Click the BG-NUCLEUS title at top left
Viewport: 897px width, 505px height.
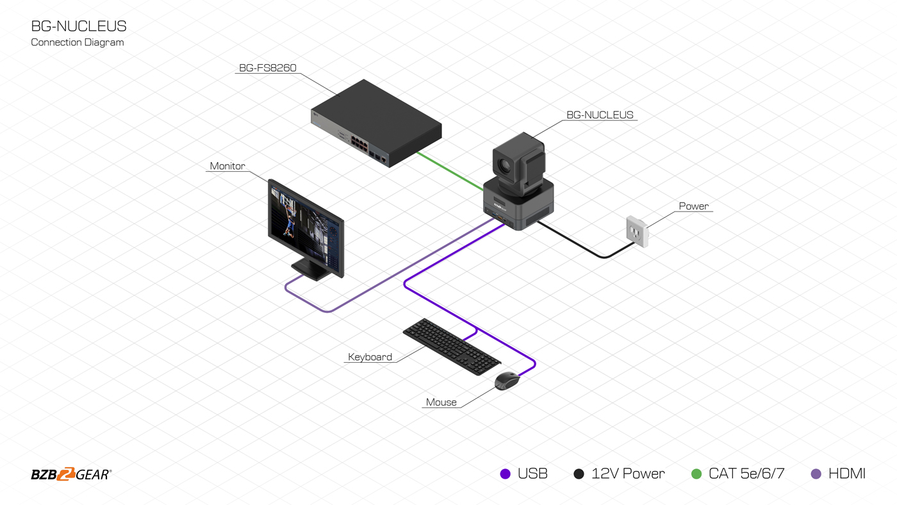click(79, 26)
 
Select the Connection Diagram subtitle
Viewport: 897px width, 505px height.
click(78, 42)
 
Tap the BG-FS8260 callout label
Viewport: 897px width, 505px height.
click(268, 67)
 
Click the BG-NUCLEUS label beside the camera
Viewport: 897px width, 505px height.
click(600, 115)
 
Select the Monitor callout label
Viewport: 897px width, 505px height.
click(227, 166)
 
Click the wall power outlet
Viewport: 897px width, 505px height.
click(638, 231)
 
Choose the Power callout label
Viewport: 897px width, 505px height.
click(694, 206)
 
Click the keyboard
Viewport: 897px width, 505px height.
click(452, 346)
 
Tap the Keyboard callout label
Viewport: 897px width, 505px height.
click(370, 357)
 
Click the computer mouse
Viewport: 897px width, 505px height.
click(507, 381)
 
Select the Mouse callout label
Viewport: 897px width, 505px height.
click(441, 402)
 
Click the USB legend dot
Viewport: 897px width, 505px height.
click(506, 474)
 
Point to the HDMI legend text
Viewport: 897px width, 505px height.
click(846, 474)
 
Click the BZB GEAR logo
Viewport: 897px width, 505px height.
click(71, 475)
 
